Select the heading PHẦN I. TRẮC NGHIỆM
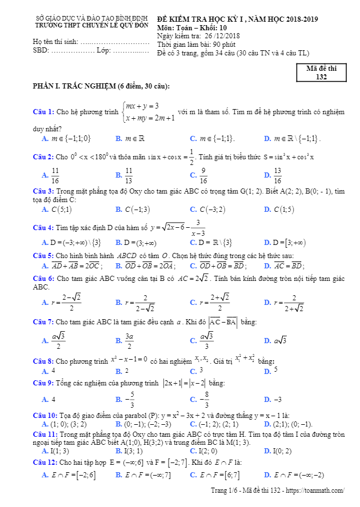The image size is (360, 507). (x=101, y=86)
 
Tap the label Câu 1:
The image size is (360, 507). (x=43, y=111)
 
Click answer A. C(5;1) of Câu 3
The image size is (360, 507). (x=57, y=210)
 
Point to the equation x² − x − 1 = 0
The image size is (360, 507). (x=129, y=360)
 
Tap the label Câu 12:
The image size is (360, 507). (x=45, y=461)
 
